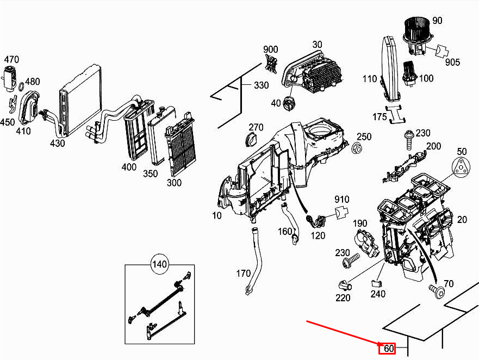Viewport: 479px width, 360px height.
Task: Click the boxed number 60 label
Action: (387, 349)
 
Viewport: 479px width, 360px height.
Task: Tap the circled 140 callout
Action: (159, 265)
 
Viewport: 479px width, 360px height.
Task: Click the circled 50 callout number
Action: (462, 151)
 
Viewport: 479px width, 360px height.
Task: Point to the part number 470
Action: (12, 59)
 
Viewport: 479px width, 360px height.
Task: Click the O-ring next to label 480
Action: (21, 87)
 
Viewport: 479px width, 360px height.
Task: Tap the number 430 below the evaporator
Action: (57, 144)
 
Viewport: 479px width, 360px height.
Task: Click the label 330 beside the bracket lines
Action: (262, 85)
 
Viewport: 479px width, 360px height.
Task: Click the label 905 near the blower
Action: (452, 62)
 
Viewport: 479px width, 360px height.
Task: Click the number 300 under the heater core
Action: (174, 183)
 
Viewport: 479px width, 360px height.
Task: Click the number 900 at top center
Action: (271, 49)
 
